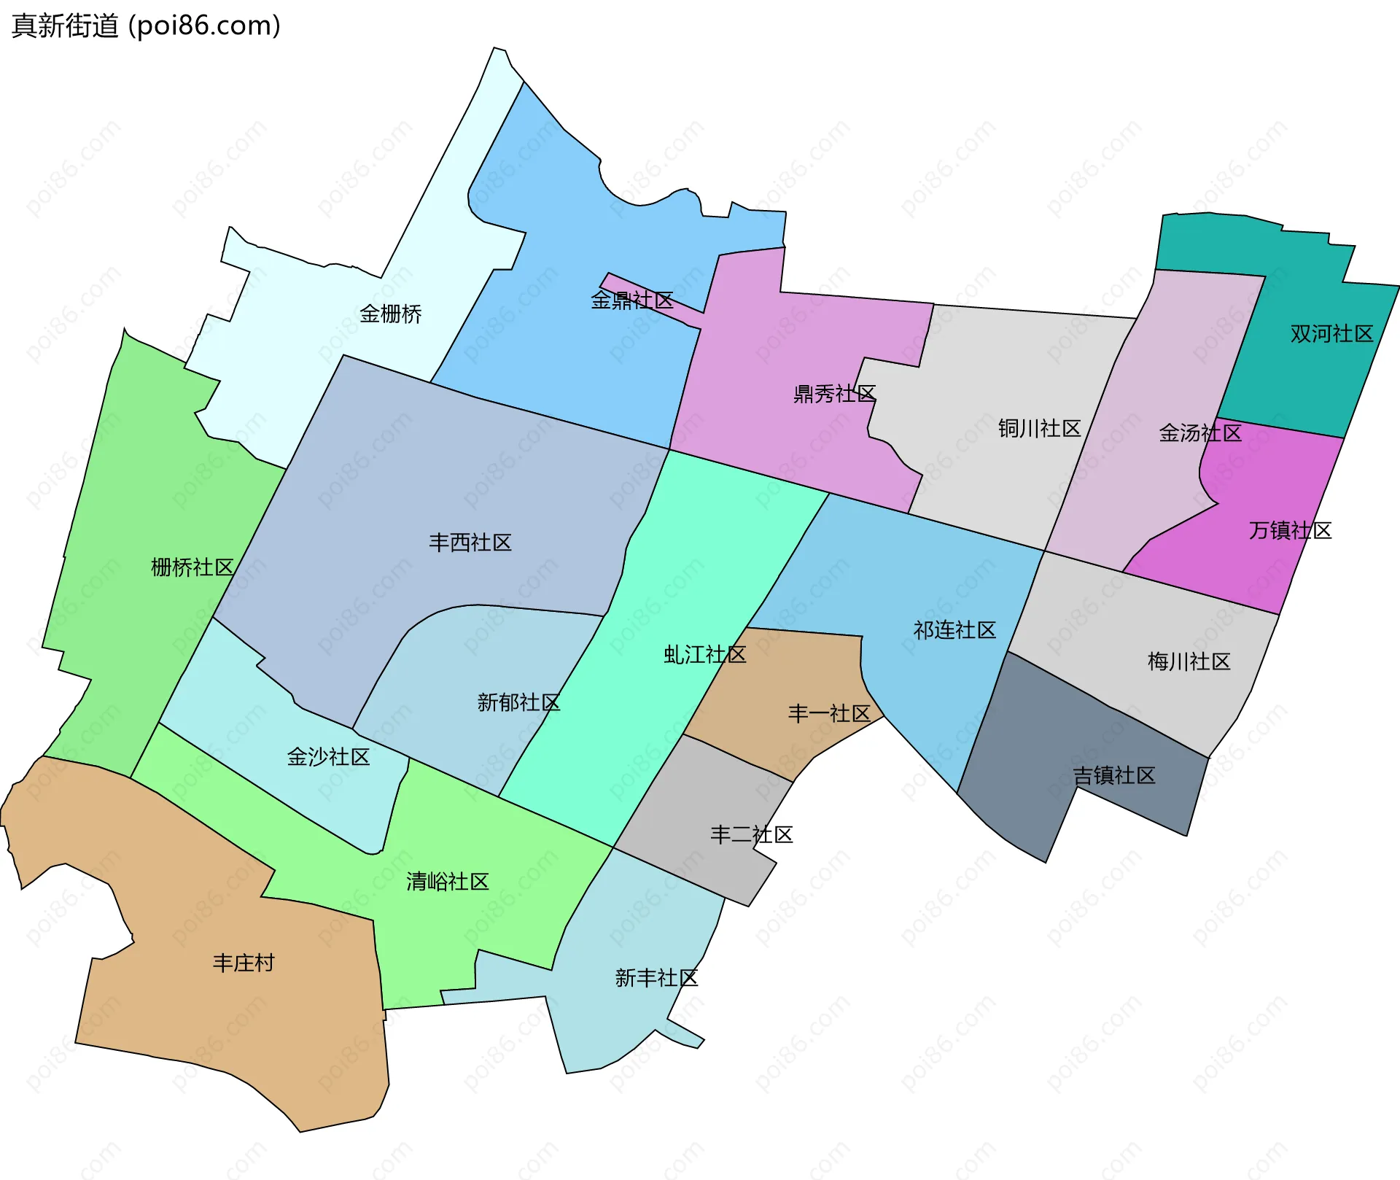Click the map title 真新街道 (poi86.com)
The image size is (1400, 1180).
click(146, 26)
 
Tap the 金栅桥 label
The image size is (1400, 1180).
click(390, 314)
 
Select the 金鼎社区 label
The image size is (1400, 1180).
click(631, 300)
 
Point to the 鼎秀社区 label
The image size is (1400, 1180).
click(834, 395)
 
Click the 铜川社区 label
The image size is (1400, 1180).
click(1039, 429)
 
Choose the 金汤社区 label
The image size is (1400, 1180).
click(1200, 433)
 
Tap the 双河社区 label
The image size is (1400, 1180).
click(1331, 334)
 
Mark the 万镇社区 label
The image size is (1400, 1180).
click(1290, 530)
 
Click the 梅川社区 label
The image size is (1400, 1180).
click(1189, 661)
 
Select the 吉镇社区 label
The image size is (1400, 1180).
click(1114, 775)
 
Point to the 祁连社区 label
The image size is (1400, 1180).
click(954, 630)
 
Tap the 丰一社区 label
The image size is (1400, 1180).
click(829, 713)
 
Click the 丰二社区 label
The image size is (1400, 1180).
click(751, 834)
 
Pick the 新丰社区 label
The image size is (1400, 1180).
click(656, 978)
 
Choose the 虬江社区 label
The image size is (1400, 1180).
click(704, 655)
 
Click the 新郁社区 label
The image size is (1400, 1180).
click(518, 702)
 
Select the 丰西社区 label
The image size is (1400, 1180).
click(470, 543)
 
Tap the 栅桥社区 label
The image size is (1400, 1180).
click(192, 567)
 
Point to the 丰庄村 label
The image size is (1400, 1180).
click(244, 963)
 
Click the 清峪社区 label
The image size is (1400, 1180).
click(447, 882)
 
